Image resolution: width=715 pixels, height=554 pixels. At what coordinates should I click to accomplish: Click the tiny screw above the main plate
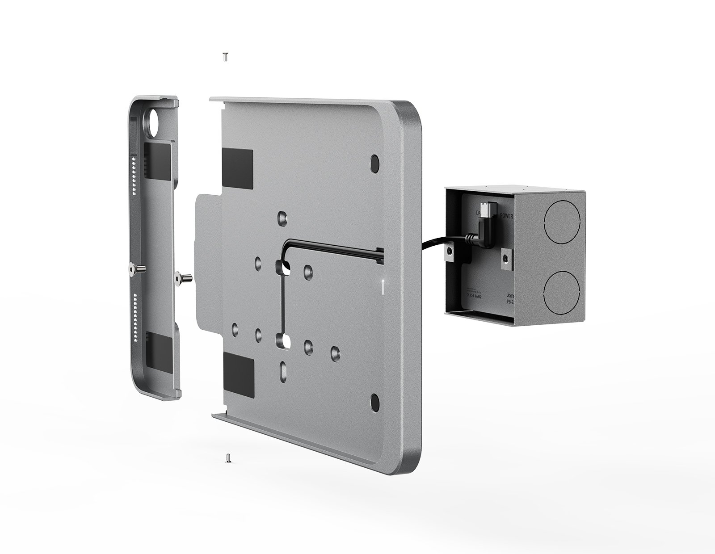(225, 57)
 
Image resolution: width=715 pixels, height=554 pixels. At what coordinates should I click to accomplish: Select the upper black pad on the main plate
(237, 167)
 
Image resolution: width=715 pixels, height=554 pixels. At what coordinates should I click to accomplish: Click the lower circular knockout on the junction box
(562, 292)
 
